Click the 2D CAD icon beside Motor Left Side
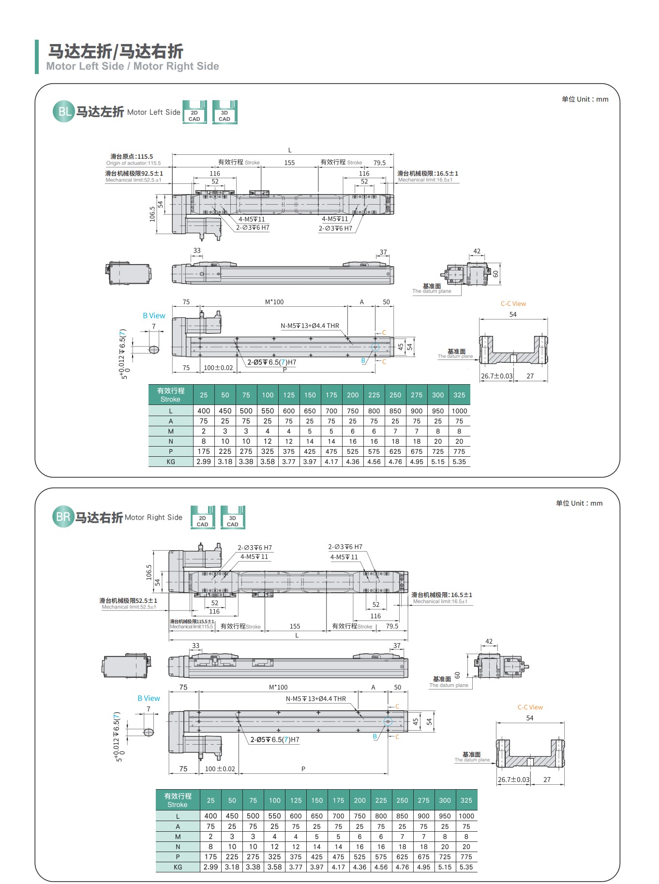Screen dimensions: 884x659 click(x=195, y=112)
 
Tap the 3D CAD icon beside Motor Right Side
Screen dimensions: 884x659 click(x=233, y=518)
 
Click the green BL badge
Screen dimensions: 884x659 click(x=63, y=112)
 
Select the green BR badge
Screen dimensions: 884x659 click(x=63, y=517)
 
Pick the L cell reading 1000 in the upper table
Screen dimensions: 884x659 click(x=459, y=411)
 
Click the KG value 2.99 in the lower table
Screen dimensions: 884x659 click(x=210, y=867)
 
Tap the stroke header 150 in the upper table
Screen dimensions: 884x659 click(x=310, y=395)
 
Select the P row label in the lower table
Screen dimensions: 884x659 click(x=178, y=857)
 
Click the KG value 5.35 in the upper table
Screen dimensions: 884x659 click(x=459, y=462)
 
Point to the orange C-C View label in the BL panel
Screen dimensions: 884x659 click(x=513, y=304)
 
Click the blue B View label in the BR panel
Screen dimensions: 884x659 click(x=149, y=698)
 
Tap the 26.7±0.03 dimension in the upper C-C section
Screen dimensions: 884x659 click(x=497, y=376)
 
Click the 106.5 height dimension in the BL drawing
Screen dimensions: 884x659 click(x=152, y=214)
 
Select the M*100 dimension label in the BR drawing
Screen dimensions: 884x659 click(x=278, y=687)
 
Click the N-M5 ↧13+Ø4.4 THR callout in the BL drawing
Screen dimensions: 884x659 click(x=310, y=326)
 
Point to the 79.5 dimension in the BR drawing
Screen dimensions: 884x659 click(x=392, y=626)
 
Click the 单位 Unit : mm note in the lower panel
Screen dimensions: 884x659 click(x=579, y=503)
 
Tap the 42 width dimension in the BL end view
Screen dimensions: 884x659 click(x=477, y=251)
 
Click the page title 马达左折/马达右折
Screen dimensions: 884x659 click(x=116, y=51)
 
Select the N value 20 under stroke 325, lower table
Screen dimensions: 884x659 click(x=466, y=847)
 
